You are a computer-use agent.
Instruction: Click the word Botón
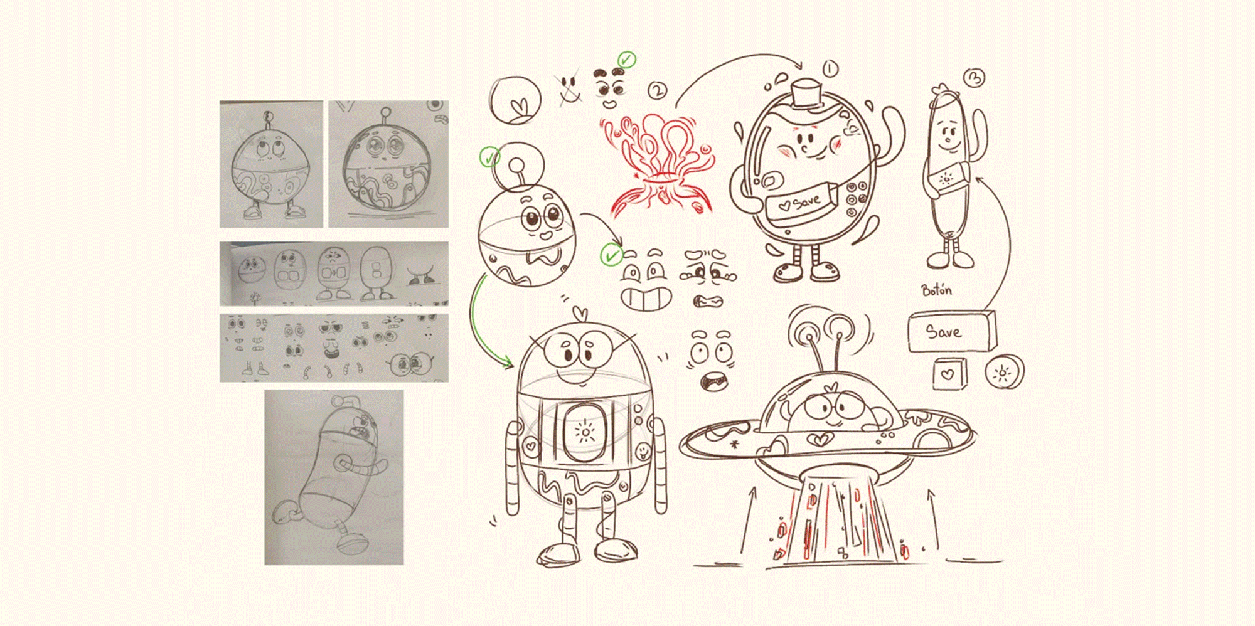(936, 290)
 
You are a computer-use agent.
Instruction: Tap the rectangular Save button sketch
(951, 331)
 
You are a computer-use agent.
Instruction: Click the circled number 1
(830, 68)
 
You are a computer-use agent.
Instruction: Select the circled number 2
(657, 91)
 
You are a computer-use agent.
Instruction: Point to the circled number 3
(975, 78)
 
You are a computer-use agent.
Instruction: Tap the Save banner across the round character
(801, 202)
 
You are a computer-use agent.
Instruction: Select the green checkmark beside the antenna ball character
(489, 157)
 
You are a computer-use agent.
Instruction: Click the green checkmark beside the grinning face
(611, 255)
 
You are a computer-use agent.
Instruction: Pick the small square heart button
(949, 374)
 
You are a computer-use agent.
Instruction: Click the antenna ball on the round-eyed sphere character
(516, 165)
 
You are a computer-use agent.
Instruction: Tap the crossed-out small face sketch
(569, 87)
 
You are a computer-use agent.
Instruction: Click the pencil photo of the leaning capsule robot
(334, 477)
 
